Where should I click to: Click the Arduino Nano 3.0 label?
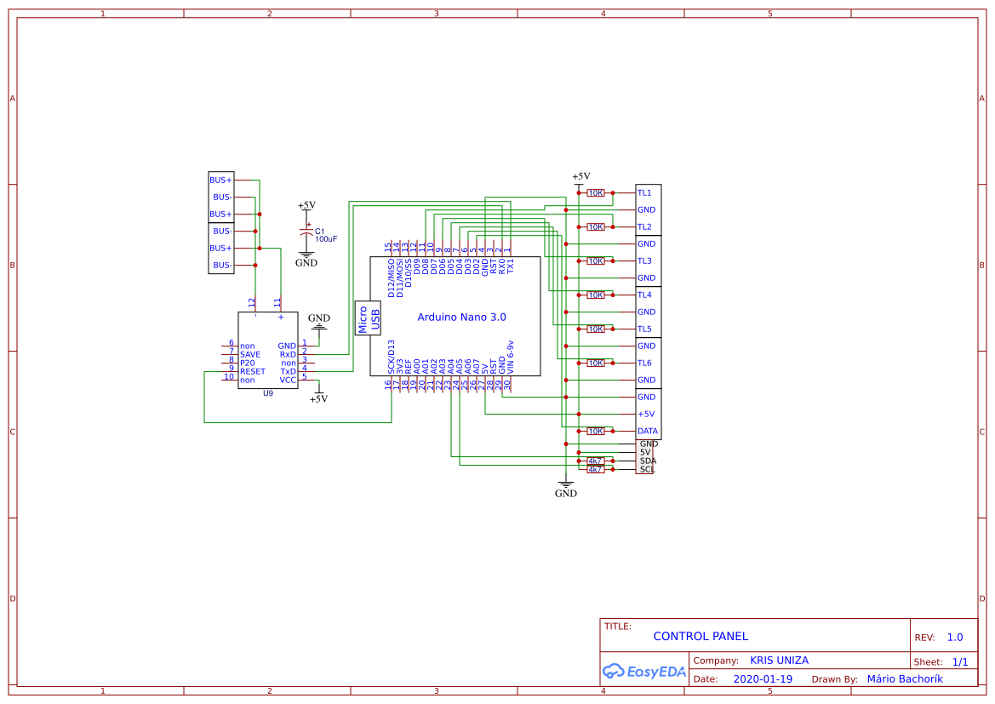tap(461, 317)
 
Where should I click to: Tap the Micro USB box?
tap(369, 318)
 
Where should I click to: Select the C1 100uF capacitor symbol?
tap(306, 232)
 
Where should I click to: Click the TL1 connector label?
tap(644, 193)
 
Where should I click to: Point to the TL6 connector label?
tap(644, 363)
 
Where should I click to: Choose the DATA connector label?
tap(647, 432)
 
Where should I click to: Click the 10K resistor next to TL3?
tap(596, 261)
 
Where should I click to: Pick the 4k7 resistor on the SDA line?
tap(596, 461)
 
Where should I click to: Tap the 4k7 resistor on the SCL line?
tap(596, 470)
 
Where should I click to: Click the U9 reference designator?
tap(268, 393)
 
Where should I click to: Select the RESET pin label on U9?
tap(253, 372)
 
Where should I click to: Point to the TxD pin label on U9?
tap(289, 372)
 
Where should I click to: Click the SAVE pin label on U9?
tap(250, 355)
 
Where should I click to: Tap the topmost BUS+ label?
tap(220, 180)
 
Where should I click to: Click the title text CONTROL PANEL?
tap(701, 636)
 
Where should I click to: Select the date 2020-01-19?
tap(763, 679)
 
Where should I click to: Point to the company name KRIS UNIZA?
tap(779, 661)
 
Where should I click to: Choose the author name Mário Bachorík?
tap(905, 679)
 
